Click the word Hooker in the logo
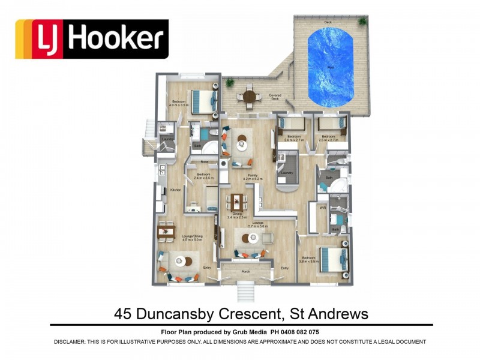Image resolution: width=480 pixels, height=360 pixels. tap(116, 38)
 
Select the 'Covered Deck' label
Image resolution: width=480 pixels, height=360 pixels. tap(275, 97)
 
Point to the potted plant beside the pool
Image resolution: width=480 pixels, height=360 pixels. tap(362, 22)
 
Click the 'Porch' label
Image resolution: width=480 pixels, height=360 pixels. tap(244, 271)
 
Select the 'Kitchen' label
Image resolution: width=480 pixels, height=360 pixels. tap(175, 190)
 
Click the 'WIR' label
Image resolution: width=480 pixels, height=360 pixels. tap(322, 208)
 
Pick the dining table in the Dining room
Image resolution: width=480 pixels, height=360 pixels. tap(238, 201)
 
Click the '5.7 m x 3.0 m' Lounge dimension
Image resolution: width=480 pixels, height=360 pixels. tap(258, 226)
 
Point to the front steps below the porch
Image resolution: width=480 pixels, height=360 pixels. tap(245, 293)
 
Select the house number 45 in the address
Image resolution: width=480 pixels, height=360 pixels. tap(123, 314)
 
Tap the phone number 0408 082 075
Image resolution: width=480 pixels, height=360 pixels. tap(298, 332)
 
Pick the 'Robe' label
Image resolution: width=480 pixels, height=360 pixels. tap(204, 162)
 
